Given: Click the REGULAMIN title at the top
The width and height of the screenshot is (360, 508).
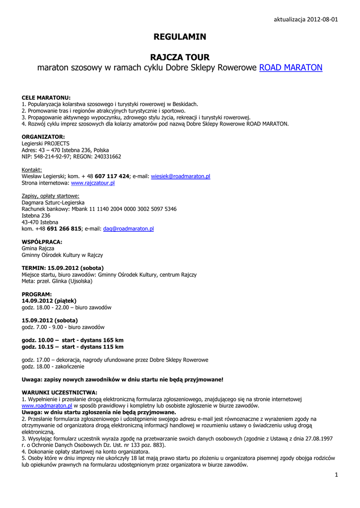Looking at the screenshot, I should coord(180,37).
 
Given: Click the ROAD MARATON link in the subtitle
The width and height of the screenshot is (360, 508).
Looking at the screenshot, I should coord(290,67).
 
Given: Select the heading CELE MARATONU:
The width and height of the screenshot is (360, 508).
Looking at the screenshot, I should coord(46,98).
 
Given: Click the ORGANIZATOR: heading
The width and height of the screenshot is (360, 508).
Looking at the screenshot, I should coord(43,137).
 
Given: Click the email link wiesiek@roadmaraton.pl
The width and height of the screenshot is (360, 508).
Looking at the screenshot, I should coord(180,176).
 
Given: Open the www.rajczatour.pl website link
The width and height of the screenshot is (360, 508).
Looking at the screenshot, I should coord(93,183).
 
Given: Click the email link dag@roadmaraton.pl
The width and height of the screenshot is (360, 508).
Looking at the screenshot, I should coord(128,229).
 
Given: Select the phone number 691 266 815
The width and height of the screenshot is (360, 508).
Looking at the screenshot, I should coord(64,229).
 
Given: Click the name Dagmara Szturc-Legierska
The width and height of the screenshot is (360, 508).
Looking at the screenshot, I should coord(53,202).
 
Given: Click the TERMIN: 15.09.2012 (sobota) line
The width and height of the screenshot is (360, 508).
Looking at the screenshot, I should coord(63,268).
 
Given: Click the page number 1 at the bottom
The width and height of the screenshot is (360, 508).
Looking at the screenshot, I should coord(336,475).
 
